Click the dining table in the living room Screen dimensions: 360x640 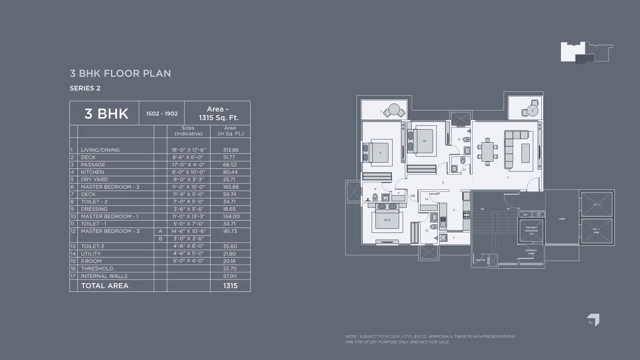pyautogui.click(x=487, y=152)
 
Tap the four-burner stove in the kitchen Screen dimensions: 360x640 pyautogui.click(x=467, y=214)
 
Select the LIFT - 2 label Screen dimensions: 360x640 pyautogui.click(x=597, y=204)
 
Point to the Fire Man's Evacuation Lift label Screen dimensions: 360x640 pyautogui.click(x=531, y=230)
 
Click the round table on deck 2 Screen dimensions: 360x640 pyautogui.click(x=533, y=110)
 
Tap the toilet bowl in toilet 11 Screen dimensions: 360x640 pyautogui.click(x=466, y=140)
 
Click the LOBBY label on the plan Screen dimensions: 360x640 pyautogui.click(x=562, y=219)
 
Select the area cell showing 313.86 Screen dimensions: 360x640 pyautogui.click(x=230, y=150)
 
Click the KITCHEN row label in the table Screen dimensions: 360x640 pyautogui.click(x=92, y=172)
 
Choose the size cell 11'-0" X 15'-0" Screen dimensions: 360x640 pyautogui.click(x=188, y=187)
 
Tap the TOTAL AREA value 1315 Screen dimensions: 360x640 pyautogui.click(x=230, y=286)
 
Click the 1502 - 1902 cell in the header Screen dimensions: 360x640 pyautogui.click(x=161, y=114)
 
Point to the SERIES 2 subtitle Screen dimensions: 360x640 pyautogui.click(x=85, y=88)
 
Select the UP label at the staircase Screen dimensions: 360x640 pyautogui.click(x=508, y=209)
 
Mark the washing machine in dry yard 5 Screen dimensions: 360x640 pyautogui.click(x=443, y=238)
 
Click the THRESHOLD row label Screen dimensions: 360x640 pyautogui.click(x=97, y=269)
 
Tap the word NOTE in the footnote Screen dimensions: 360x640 pyautogui.click(x=350, y=337)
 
